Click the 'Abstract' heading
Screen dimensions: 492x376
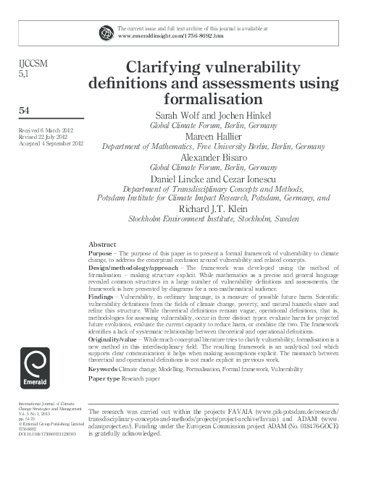pyautogui.click(x=101, y=245)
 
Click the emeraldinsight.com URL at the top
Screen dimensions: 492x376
pyautogui.click(x=170, y=35)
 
